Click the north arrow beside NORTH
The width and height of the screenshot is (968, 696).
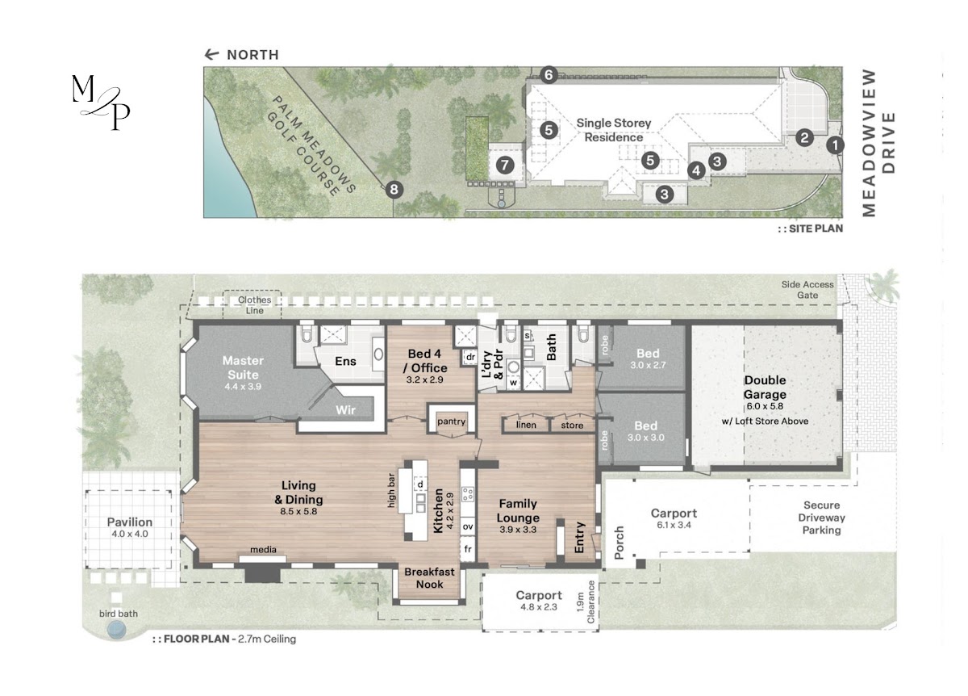[211, 55]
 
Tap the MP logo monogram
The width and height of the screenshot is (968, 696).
[101, 103]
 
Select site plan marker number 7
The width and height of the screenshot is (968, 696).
[505, 165]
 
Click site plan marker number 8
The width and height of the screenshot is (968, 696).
[394, 189]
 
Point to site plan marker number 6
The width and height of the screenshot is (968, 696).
[549, 75]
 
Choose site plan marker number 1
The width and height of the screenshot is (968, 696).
[835, 145]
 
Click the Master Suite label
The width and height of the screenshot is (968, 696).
[243, 367]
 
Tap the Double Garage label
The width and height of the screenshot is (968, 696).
[765, 387]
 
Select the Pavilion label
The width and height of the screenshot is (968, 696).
[130, 522]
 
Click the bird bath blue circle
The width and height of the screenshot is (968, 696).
[116, 631]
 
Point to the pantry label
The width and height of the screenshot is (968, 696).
[451, 421]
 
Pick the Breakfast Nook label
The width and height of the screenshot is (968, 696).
[429, 578]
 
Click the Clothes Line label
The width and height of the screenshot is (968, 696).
[255, 305]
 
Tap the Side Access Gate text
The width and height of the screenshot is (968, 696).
[807, 290]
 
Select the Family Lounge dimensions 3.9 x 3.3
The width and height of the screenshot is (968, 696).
[518, 529]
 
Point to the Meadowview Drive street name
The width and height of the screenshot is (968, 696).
[878, 143]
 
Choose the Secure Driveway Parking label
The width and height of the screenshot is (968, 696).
[821, 518]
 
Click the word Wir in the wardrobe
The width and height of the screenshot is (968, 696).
[346, 409]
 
